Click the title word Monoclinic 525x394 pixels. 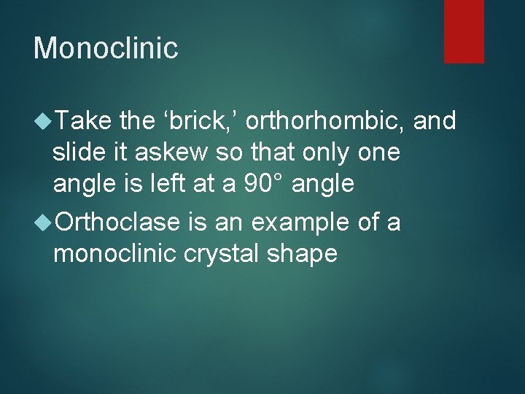coord(106,48)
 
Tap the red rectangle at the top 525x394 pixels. coord(464,31)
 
